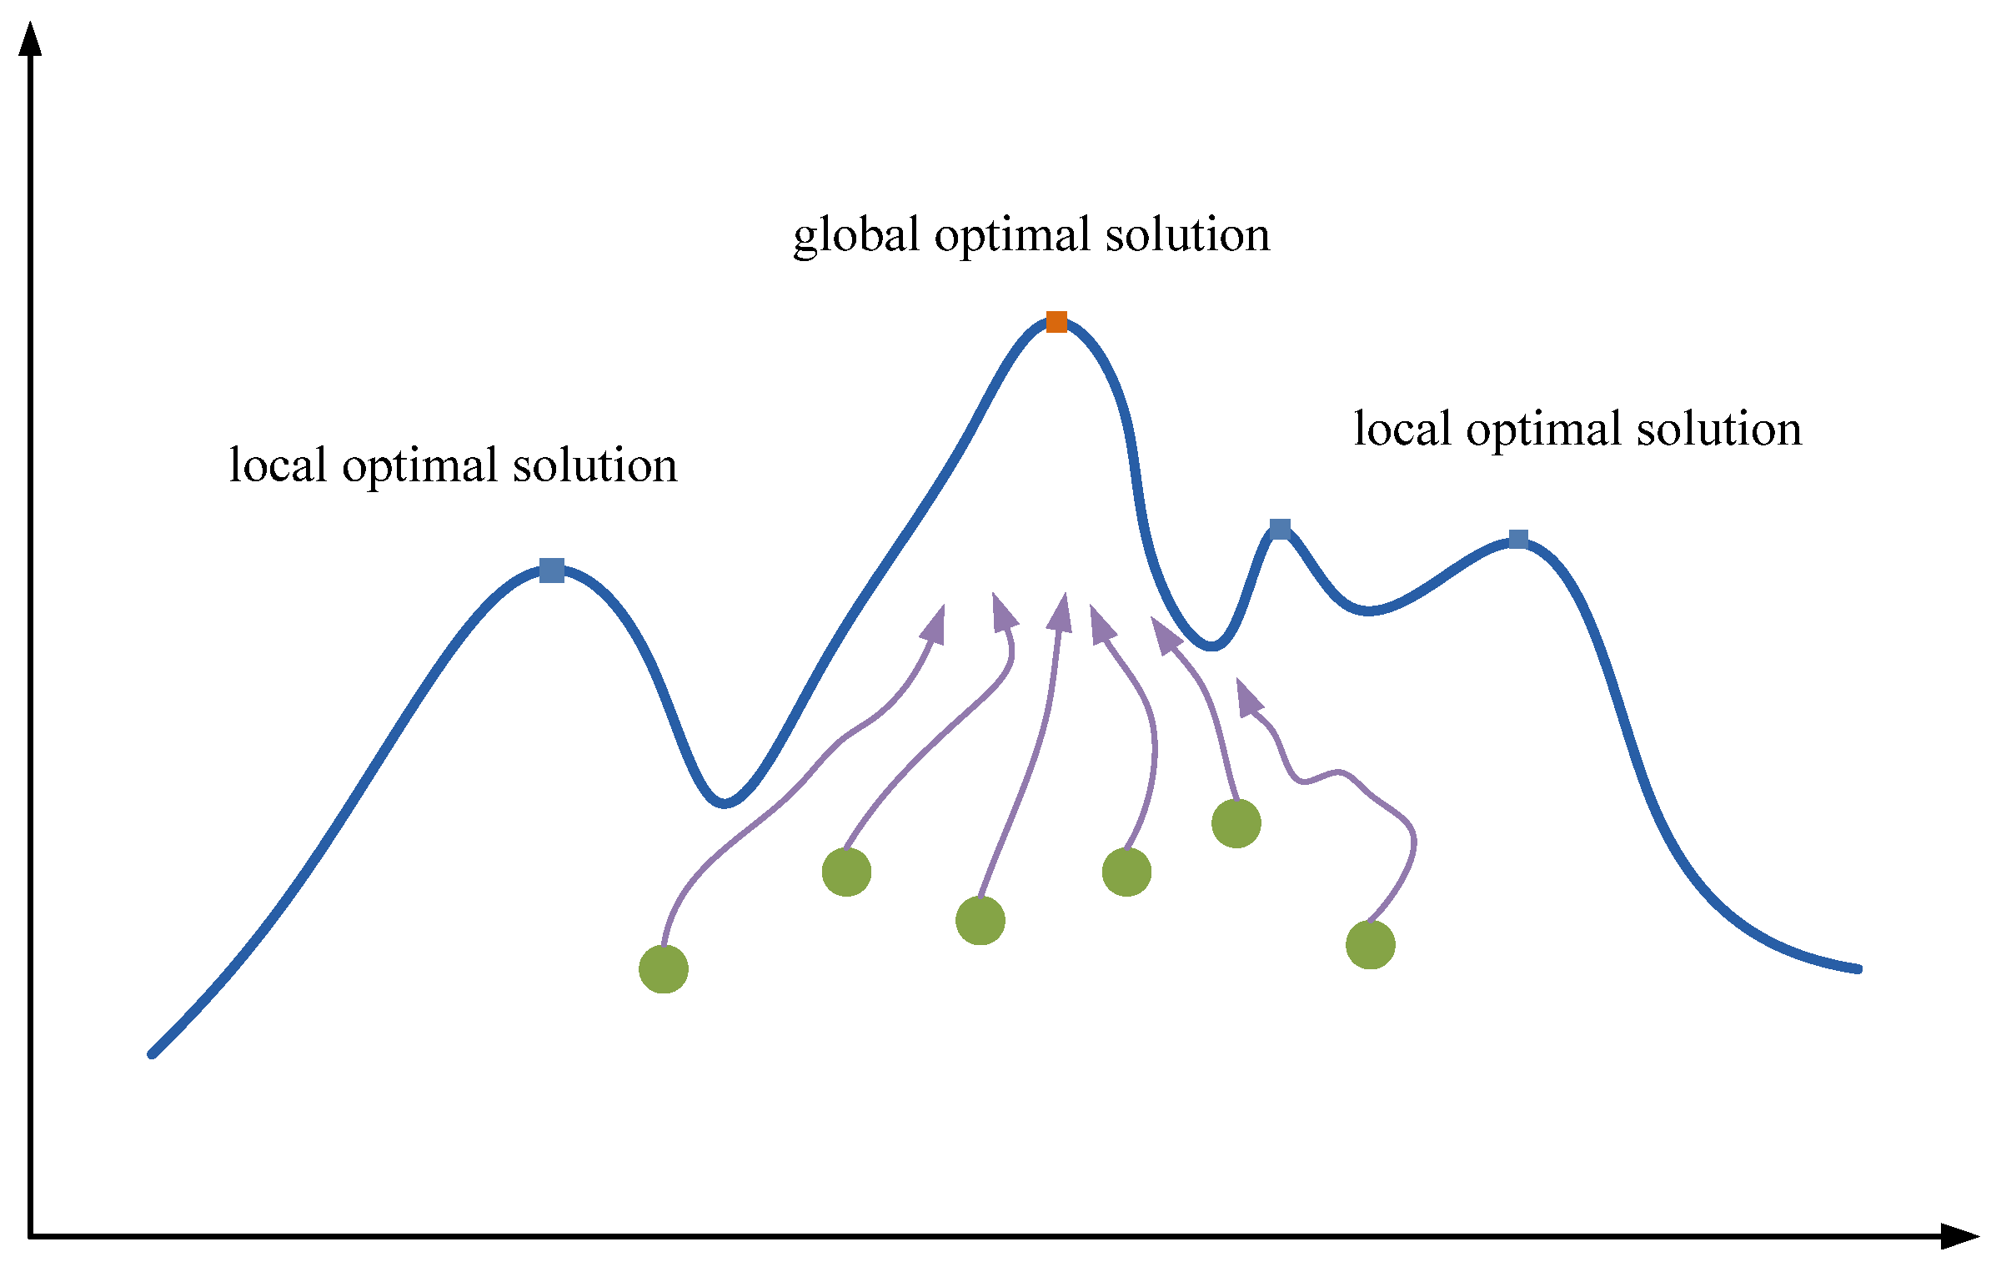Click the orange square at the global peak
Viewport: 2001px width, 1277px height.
pos(1056,322)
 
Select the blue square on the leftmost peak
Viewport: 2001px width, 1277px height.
pos(551,571)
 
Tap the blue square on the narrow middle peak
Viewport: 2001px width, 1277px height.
pos(1280,529)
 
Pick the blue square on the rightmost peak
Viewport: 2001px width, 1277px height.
pos(1518,540)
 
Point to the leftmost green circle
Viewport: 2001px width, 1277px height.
pos(664,969)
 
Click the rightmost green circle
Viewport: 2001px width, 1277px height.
pos(1371,945)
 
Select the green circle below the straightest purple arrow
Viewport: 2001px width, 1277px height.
pos(980,921)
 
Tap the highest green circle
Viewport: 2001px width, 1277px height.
pos(1236,823)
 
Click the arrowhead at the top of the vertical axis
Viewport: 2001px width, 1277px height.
pos(30,40)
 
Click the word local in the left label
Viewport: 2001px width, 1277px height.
pos(277,465)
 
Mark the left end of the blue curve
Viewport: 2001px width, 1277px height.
pos(153,1054)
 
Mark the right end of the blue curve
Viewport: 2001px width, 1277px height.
pos(1858,969)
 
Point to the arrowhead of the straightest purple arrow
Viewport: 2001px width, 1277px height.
pos(1061,613)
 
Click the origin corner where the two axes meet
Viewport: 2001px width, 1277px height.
pos(31,1236)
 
